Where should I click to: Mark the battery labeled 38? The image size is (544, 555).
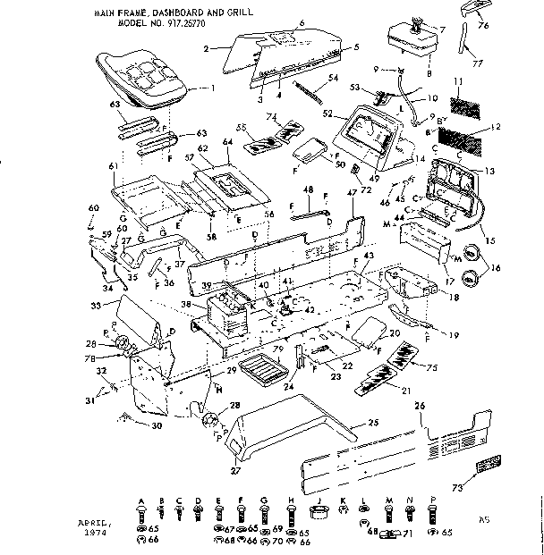pyautogui.click(x=227, y=314)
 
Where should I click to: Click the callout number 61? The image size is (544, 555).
pyautogui.click(x=113, y=166)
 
